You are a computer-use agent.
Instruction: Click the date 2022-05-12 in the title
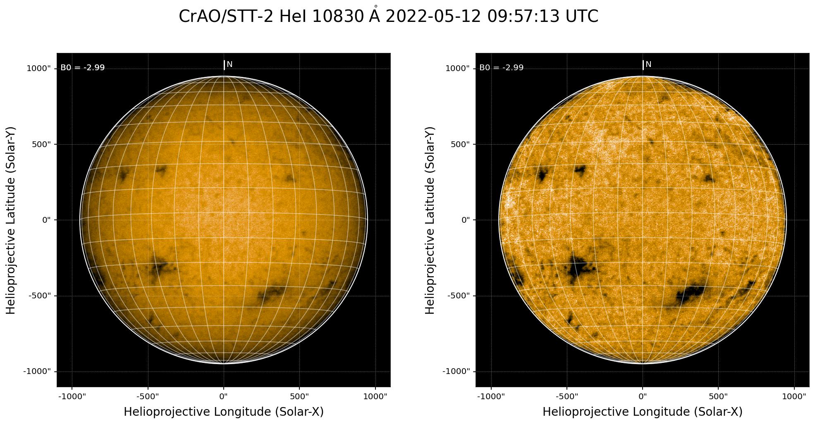pyautogui.click(x=434, y=17)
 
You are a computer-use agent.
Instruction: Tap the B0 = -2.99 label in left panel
pyautogui.click(x=83, y=68)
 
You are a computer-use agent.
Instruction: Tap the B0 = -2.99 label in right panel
pyautogui.click(x=502, y=68)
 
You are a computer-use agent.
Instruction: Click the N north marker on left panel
pyautogui.click(x=229, y=64)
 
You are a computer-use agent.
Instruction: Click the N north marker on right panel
pyautogui.click(x=648, y=64)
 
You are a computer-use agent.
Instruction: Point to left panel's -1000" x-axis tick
pyautogui.click(x=72, y=397)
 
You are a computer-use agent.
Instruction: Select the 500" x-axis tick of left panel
pyautogui.click(x=299, y=397)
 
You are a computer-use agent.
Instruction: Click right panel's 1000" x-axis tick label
pyautogui.click(x=794, y=397)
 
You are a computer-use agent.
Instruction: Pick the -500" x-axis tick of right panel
pyautogui.click(x=567, y=397)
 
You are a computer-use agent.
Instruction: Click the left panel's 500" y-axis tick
pyautogui.click(x=41, y=144)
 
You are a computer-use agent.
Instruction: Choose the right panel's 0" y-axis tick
pyautogui.click(x=466, y=220)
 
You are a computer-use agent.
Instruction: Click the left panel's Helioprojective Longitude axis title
pyautogui.click(x=224, y=412)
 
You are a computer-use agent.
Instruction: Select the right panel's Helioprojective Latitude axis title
pyautogui.click(x=430, y=220)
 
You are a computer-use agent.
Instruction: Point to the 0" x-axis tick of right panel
pyautogui.click(x=643, y=397)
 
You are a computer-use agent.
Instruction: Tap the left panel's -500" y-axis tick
pyautogui.click(x=40, y=296)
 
